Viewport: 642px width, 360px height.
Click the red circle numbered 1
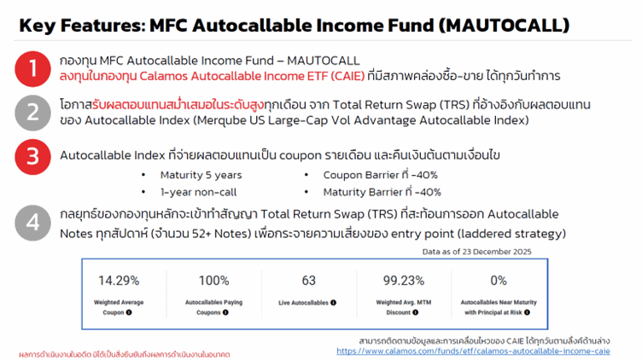[x=32, y=68]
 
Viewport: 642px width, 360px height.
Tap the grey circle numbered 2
[x=32, y=112]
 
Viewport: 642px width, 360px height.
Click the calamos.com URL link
[x=473, y=350]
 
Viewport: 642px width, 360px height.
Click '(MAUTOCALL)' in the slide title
[x=501, y=26]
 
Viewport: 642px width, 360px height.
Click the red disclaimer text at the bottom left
[x=124, y=353]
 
